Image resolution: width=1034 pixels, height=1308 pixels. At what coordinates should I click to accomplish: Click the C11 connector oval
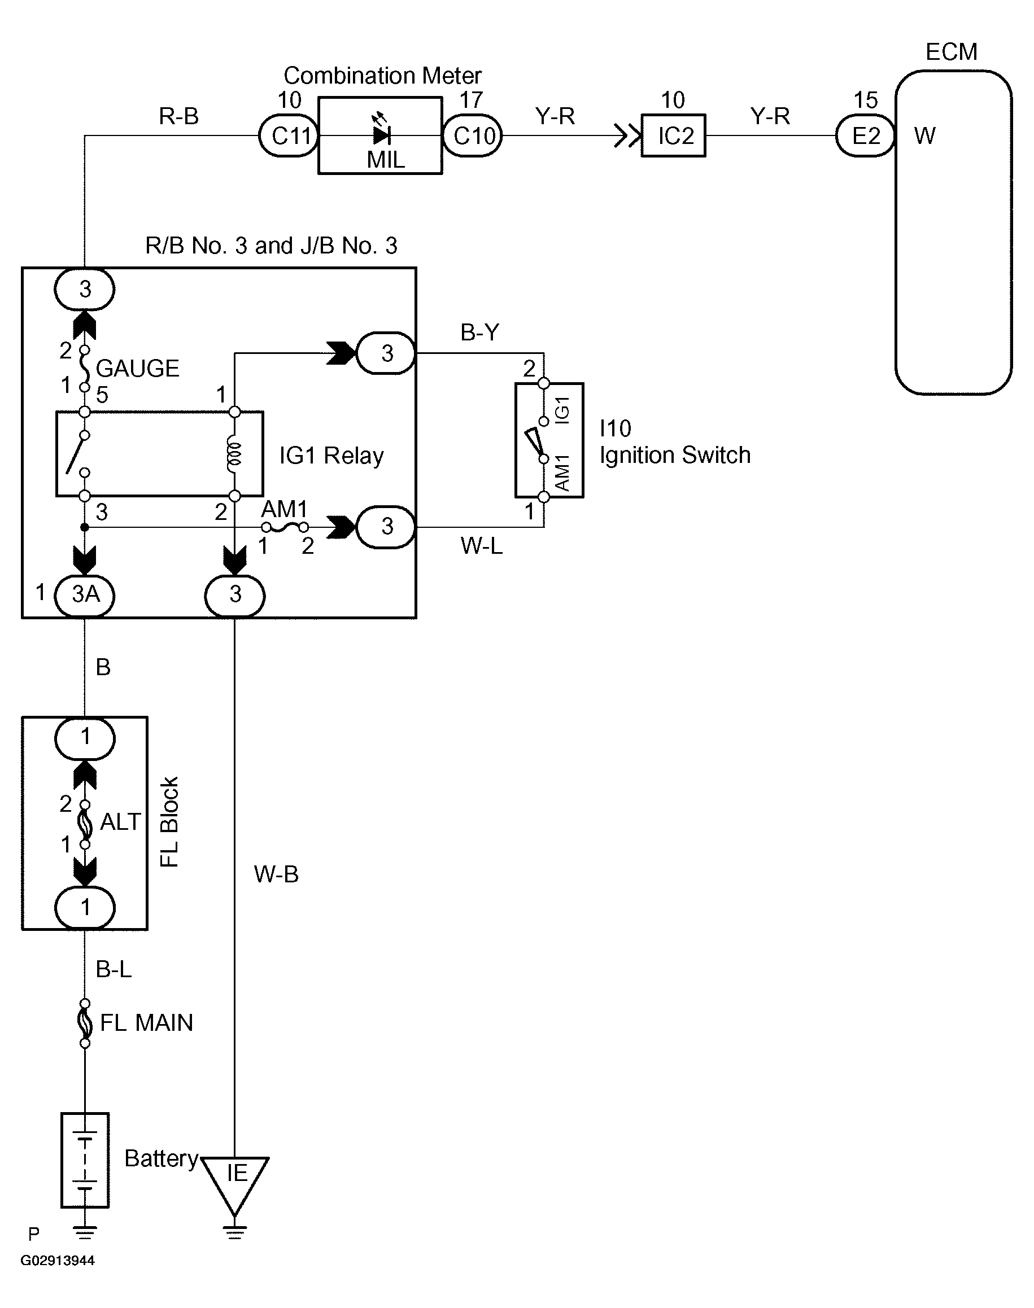[x=289, y=136]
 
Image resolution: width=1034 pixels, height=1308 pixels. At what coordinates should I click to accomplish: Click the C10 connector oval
[x=473, y=136]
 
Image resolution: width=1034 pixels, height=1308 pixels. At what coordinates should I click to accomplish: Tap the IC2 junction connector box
[x=673, y=136]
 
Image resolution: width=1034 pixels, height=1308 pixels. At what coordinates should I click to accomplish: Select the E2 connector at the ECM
[x=865, y=136]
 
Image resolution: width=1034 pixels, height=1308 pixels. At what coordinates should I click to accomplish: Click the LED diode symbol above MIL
[x=381, y=134]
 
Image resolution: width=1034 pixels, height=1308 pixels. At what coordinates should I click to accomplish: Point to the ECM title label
[x=951, y=52]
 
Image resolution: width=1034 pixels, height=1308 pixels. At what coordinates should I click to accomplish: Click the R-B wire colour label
[x=178, y=116]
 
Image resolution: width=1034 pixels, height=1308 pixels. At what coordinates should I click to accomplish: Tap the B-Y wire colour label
[x=479, y=333]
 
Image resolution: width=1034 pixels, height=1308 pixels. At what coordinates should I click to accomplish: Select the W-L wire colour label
[x=481, y=546]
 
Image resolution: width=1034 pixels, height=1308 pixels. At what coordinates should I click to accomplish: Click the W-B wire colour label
[x=276, y=874]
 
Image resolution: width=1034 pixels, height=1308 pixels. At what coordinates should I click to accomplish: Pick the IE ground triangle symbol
[x=235, y=1180]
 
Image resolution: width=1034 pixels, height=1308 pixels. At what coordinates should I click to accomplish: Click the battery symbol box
[x=85, y=1160]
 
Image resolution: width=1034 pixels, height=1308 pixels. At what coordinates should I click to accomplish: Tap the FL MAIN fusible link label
[x=146, y=1023]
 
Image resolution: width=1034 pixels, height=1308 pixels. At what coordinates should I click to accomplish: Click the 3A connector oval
[x=85, y=595]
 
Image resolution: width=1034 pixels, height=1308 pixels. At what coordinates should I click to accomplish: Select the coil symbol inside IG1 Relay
[x=234, y=454]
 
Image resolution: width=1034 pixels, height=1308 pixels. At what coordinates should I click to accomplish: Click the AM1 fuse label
[x=285, y=509]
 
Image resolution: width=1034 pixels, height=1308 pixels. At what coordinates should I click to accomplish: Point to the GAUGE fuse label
[x=137, y=368]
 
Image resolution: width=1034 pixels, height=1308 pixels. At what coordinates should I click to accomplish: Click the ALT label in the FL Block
[x=120, y=822]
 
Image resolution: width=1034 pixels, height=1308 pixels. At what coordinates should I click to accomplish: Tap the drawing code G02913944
[x=58, y=1260]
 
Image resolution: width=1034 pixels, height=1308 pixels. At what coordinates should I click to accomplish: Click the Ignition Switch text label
[x=674, y=455]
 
